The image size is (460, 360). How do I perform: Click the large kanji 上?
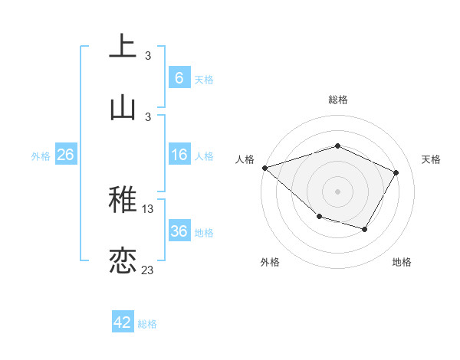(123, 46)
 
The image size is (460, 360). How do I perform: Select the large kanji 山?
(123, 107)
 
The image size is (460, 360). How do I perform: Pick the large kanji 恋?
(123, 260)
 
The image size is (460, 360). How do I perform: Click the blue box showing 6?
(179, 78)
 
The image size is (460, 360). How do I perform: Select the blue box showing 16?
(179, 155)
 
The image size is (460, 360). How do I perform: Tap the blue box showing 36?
(179, 232)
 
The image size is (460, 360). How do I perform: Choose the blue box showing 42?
(123, 323)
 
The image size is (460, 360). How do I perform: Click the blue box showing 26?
(65, 155)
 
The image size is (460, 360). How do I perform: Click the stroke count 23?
(148, 270)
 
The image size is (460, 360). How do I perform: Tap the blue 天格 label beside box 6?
(204, 79)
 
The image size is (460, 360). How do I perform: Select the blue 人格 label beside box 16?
(204, 156)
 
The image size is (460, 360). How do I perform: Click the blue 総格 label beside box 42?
(147, 324)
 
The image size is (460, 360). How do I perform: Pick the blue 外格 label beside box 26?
(41, 155)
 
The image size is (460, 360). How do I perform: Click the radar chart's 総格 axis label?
(337, 100)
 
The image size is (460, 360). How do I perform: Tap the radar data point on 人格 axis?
(264, 167)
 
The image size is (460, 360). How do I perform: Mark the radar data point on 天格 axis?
(396, 172)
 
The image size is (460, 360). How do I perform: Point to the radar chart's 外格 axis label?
(270, 262)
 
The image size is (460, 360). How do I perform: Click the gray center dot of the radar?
(337, 191)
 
